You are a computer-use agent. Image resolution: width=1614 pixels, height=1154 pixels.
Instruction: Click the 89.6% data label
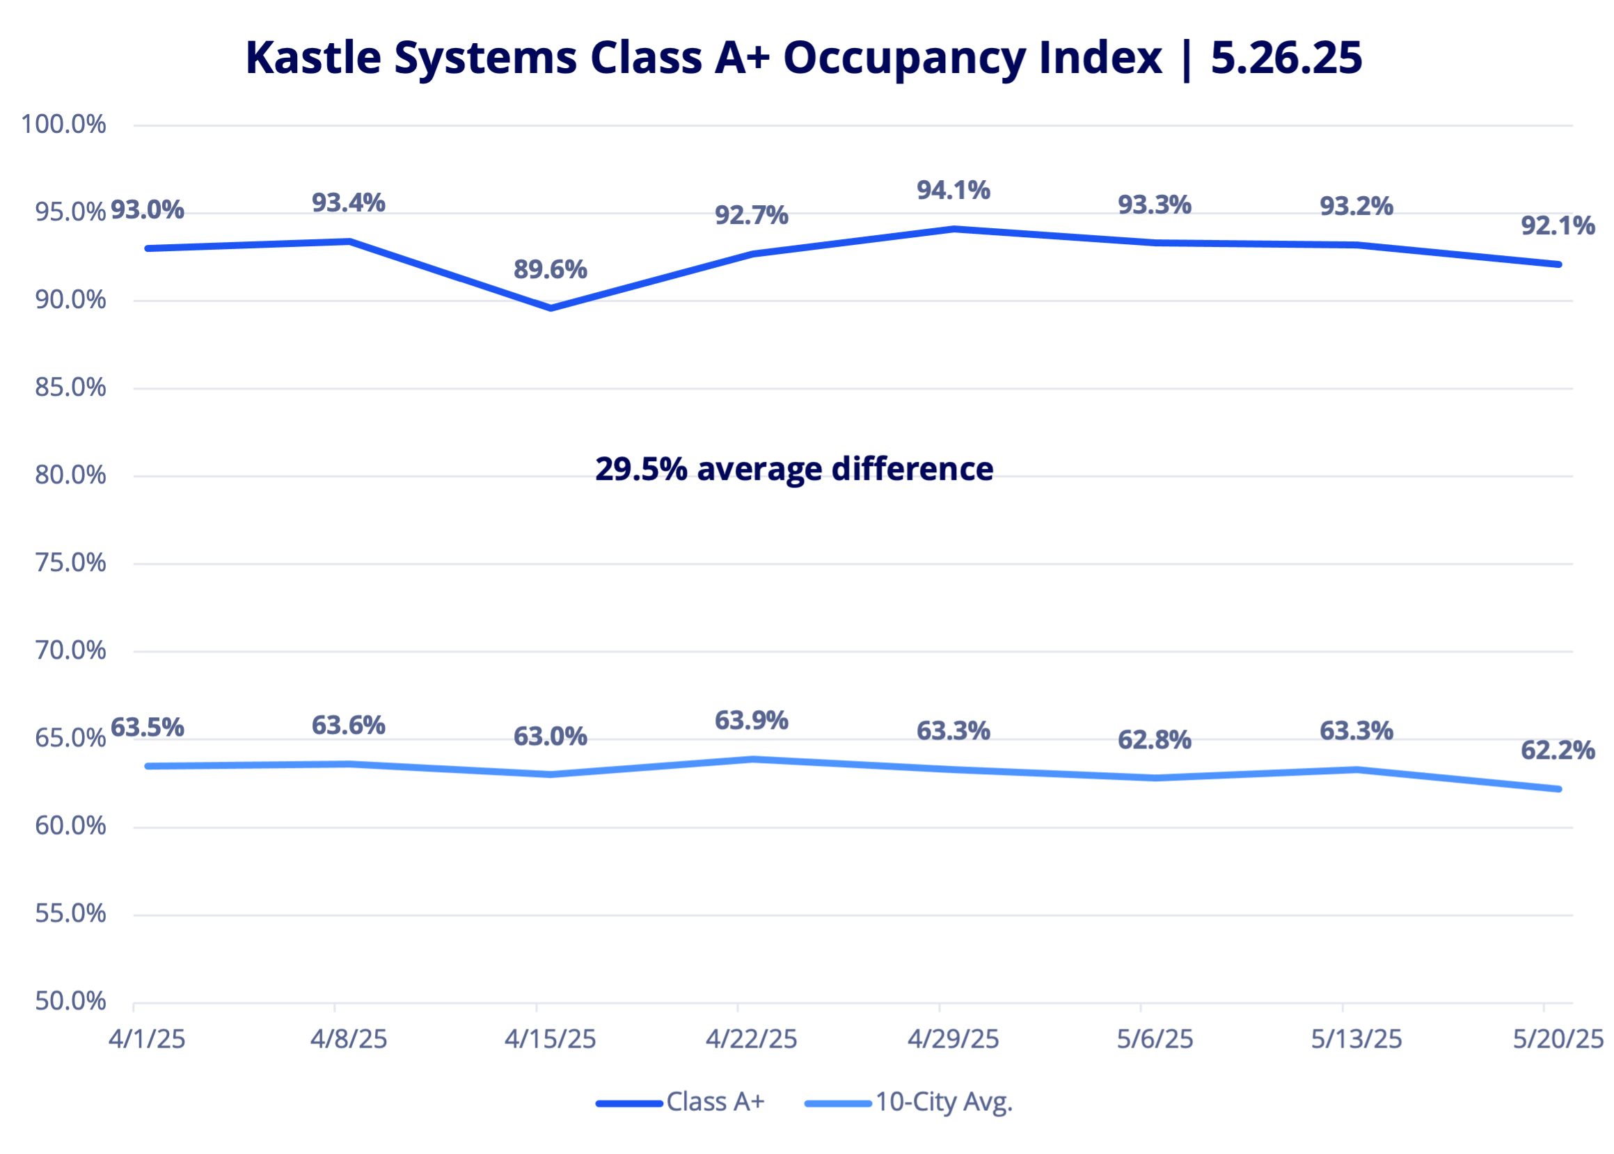[x=551, y=269]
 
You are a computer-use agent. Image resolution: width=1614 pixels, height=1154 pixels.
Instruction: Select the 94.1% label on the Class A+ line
[x=953, y=190]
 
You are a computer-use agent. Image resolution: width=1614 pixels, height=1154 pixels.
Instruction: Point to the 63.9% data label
[x=752, y=721]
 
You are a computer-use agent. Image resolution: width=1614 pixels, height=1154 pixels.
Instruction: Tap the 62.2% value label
[x=1557, y=751]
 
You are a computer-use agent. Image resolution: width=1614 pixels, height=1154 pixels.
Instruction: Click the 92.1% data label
[x=1557, y=225]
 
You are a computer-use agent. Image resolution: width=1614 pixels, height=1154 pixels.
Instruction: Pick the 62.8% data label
[x=1154, y=739]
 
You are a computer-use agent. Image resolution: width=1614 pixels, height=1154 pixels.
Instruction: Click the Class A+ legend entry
[x=715, y=1102]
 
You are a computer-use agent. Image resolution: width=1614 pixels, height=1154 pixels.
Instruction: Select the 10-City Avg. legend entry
[x=943, y=1102]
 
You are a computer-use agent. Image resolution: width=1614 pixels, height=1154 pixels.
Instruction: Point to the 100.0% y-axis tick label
[x=63, y=125]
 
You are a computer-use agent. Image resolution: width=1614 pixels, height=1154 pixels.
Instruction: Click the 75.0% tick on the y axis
[x=70, y=563]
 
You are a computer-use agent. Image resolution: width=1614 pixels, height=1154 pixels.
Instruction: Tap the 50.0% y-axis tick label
[x=70, y=1001]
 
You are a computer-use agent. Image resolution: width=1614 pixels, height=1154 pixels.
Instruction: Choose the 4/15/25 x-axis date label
[x=551, y=1040]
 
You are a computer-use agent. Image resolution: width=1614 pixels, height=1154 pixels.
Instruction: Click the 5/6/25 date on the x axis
[x=1155, y=1040]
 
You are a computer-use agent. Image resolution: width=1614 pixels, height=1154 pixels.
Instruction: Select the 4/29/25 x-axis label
[x=953, y=1040]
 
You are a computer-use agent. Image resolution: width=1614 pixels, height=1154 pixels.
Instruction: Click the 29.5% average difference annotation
[x=794, y=469]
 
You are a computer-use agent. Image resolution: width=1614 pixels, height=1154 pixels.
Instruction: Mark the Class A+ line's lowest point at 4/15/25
[x=551, y=307]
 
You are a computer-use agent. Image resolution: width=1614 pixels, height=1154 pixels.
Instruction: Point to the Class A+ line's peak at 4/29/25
[x=954, y=229]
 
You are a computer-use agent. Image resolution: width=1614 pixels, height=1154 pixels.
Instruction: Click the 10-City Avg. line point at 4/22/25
[x=752, y=759]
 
